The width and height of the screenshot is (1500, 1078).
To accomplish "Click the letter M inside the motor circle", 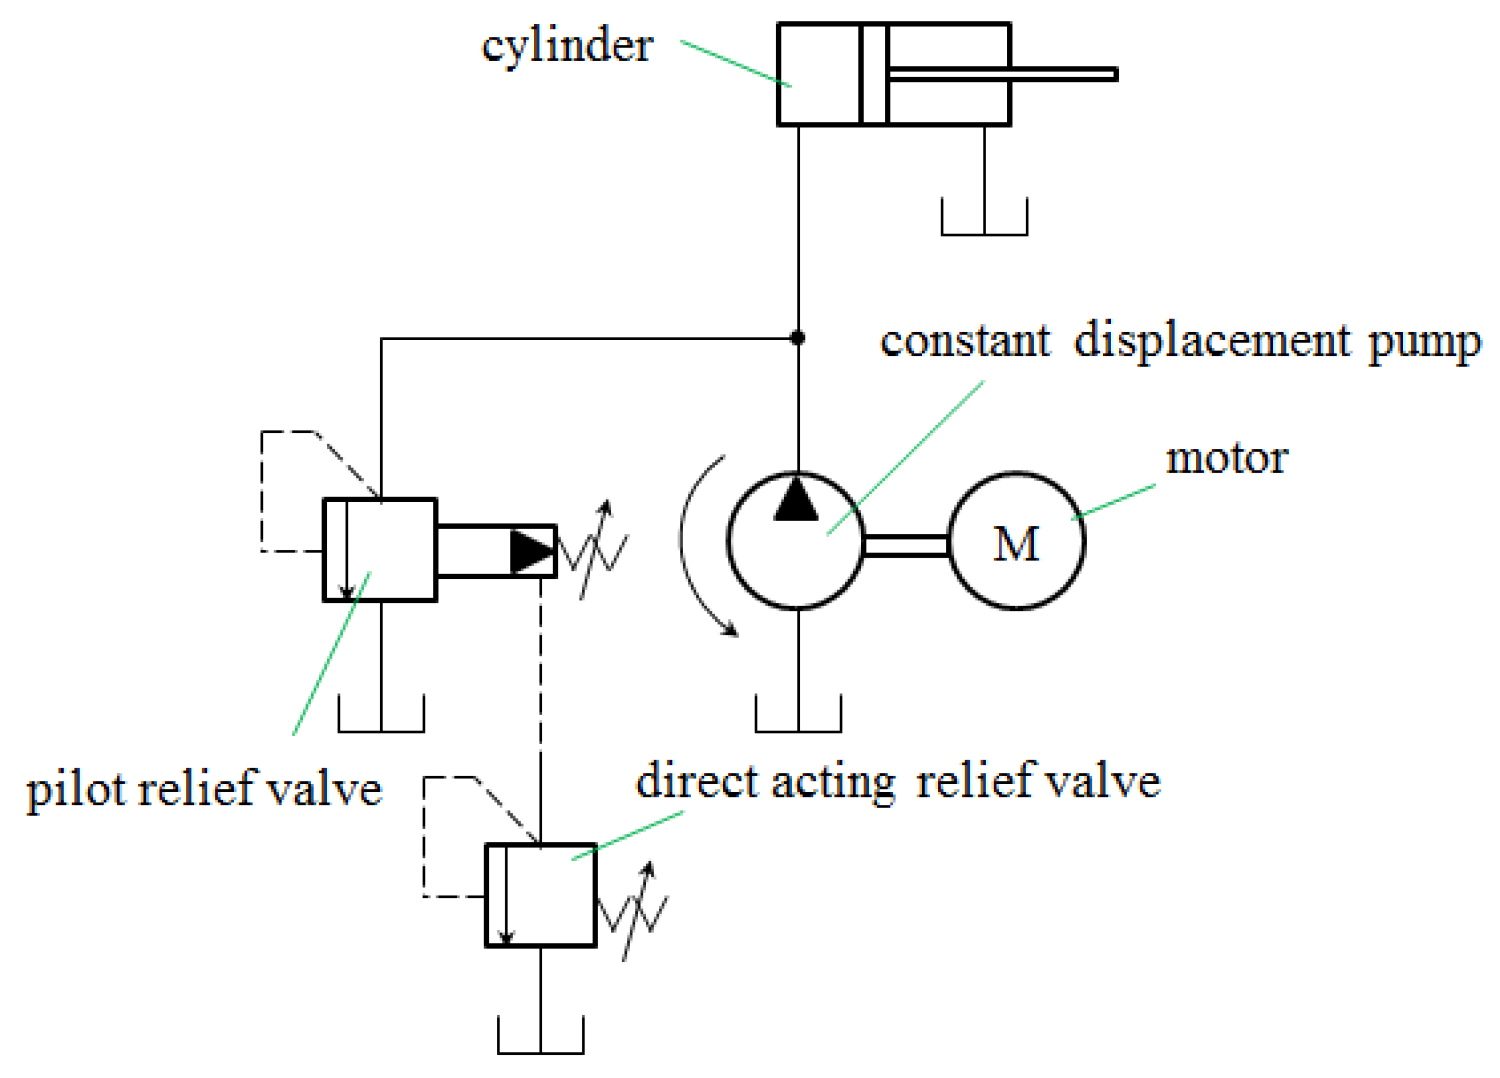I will (1015, 544).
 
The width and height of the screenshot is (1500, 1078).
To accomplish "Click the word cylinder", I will (567, 48).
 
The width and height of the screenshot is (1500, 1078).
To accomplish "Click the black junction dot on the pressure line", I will (798, 338).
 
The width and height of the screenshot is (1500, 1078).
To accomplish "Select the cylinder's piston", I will (873, 74).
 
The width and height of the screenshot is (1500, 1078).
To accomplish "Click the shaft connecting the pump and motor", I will (906, 545).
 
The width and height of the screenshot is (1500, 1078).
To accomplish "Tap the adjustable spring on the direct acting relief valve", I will (634, 912).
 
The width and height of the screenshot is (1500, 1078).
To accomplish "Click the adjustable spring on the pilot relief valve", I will (593, 550).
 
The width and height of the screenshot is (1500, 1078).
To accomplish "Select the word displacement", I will (1212, 342).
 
